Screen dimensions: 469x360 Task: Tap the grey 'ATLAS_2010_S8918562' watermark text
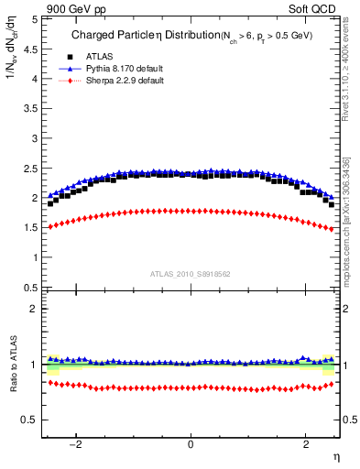point(190,274)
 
